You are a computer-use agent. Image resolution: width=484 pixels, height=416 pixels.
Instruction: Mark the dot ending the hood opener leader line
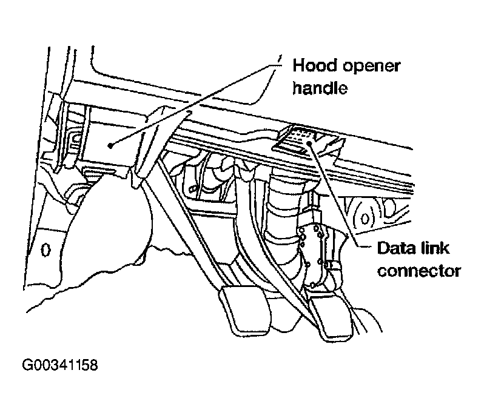(109, 145)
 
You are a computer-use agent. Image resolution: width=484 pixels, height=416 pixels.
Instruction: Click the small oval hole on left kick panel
(45, 249)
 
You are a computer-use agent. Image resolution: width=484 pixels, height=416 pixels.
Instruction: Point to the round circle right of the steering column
(366, 217)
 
